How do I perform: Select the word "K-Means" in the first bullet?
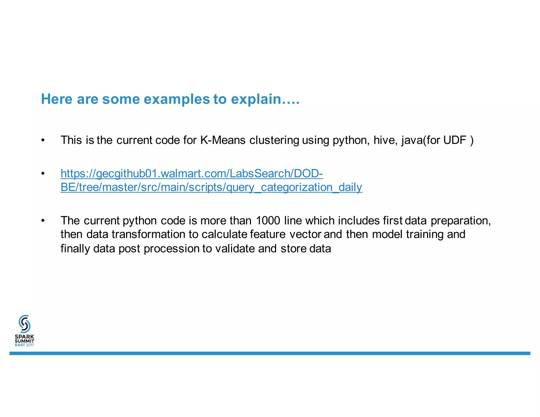coord(223,140)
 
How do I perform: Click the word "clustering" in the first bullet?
coord(274,140)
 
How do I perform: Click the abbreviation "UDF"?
coord(455,140)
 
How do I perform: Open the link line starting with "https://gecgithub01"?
coord(192,173)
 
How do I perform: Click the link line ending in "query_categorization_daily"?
coord(211,187)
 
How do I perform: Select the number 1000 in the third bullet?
coord(268,220)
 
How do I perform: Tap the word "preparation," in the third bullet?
coord(461,221)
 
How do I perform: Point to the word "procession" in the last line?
coord(171,249)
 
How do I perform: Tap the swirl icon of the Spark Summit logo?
coord(25,324)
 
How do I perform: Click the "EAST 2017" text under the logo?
coord(25,345)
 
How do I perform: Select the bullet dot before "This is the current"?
coord(43,140)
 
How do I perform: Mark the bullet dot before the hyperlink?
coord(43,174)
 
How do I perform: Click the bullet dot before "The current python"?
coord(43,221)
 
